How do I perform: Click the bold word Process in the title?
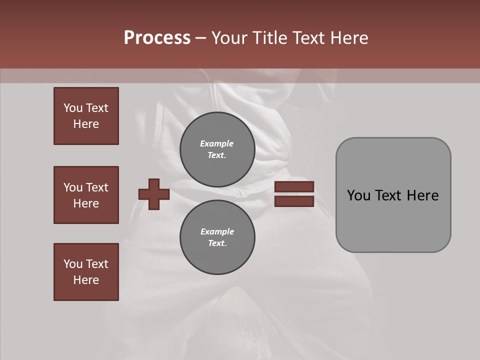tap(157, 38)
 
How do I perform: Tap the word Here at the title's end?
tap(348, 38)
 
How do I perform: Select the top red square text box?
tap(86, 116)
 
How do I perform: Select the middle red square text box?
tap(86, 195)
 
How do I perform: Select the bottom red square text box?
tap(86, 272)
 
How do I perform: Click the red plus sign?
tap(154, 194)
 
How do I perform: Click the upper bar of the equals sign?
tap(294, 187)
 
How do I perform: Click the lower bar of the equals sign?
tap(294, 201)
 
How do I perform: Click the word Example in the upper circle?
tap(217, 143)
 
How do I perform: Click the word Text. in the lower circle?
tap(217, 243)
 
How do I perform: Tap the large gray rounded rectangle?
tap(393, 220)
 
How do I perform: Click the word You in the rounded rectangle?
tap(358, 195)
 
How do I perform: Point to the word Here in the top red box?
tap(86, 124)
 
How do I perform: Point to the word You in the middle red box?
tap(72, 187)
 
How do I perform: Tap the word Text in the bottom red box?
tap(97, 264)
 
